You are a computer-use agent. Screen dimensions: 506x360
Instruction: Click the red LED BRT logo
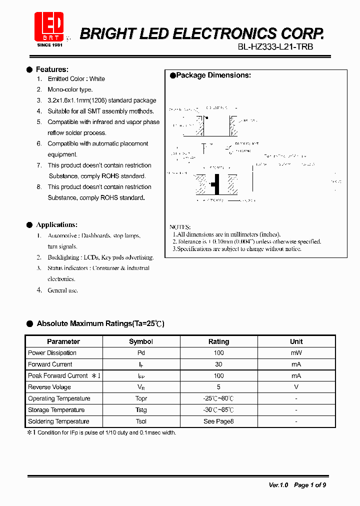point(48,27)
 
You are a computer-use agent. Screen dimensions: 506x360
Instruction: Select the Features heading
point(52,69)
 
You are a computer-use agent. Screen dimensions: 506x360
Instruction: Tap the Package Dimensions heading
point(213,75)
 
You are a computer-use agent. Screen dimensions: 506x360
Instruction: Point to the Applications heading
point(56,225)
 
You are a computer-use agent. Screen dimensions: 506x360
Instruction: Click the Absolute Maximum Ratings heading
point(100,323)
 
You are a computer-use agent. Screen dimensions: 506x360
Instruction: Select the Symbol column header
point(141,341)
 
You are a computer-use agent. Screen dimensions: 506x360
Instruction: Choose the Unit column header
point(296,341)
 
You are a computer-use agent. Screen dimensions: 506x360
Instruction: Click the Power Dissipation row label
point(52,353)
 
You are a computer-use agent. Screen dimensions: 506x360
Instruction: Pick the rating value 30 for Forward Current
point(218,364)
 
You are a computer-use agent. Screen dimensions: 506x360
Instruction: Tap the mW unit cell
point(296,353)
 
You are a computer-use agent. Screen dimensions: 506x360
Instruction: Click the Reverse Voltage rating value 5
point(218,387)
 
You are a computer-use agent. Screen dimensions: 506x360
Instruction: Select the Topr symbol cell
point(141,398)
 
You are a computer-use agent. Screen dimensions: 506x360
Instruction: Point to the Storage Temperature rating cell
point(218,410)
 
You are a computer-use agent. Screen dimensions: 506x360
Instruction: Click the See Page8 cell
point(218,421)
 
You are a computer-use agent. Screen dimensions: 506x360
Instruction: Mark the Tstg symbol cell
point(141,410)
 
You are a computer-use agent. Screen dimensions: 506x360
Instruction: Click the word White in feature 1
point(97,79)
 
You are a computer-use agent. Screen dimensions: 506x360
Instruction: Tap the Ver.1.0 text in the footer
point(278,485)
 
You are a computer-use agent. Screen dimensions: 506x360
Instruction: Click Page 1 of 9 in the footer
point(310,485)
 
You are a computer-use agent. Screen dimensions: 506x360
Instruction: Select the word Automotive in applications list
point(62,235)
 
